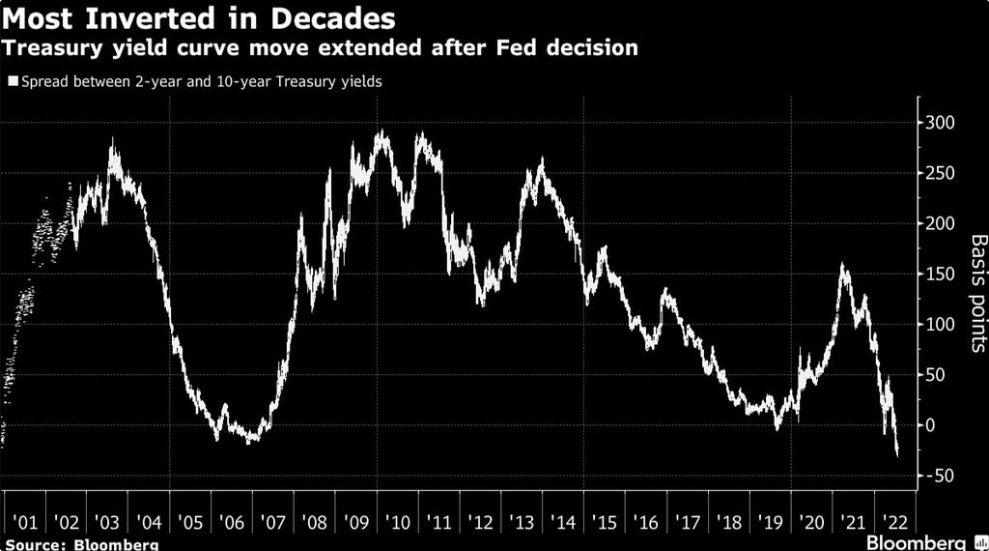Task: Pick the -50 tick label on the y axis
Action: [x=941, y=476]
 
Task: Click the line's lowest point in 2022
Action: [x=898, y=454]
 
